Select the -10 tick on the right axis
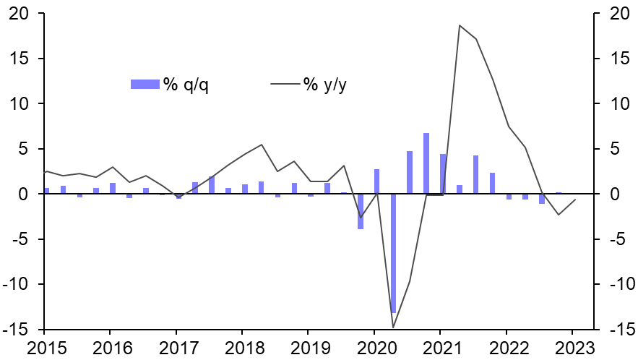(x=619, y=284)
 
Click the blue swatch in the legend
(x=145, y=85)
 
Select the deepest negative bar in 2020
(x=394, y=253)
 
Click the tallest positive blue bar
(x=426, y=163)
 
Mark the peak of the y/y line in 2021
(x=460, y=25)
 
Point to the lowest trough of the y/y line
(x=394, y=327)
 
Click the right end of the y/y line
(x=575, y=200)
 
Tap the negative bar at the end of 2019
(x=361, y=211)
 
